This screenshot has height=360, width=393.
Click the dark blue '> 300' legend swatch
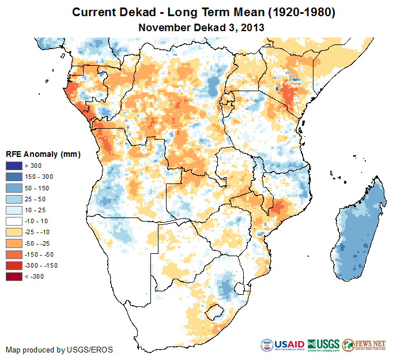click(x=14, y=166)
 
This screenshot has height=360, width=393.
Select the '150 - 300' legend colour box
click(x=14, y=175)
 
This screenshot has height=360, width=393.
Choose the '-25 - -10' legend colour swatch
click(x=14, y=231)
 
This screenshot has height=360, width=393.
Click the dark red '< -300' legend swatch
click(x=14, y=277)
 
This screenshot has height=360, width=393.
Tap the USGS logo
click(x=324, y=345)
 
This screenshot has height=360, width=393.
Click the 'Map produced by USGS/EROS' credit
click(x=59, y=350)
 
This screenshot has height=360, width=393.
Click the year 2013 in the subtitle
click(x=253, y=27)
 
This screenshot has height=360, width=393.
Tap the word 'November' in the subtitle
click(x=163, y=27)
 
